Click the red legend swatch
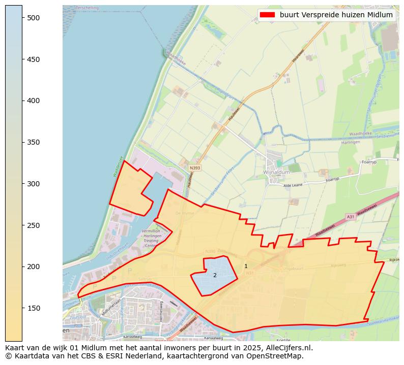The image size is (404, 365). (267, 15)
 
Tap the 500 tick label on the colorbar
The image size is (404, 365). (34, 18)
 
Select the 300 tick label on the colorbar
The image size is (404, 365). (34, 184)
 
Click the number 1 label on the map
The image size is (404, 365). (246, 266)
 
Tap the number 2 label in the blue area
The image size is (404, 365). (215, 275)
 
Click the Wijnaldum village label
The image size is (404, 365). (277, 173)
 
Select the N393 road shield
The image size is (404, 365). (195, 168)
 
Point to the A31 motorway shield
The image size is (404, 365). (350, 216)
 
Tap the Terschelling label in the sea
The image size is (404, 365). (87, 8)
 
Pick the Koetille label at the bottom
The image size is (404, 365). (283, 340)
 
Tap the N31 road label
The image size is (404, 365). (250, 273)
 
